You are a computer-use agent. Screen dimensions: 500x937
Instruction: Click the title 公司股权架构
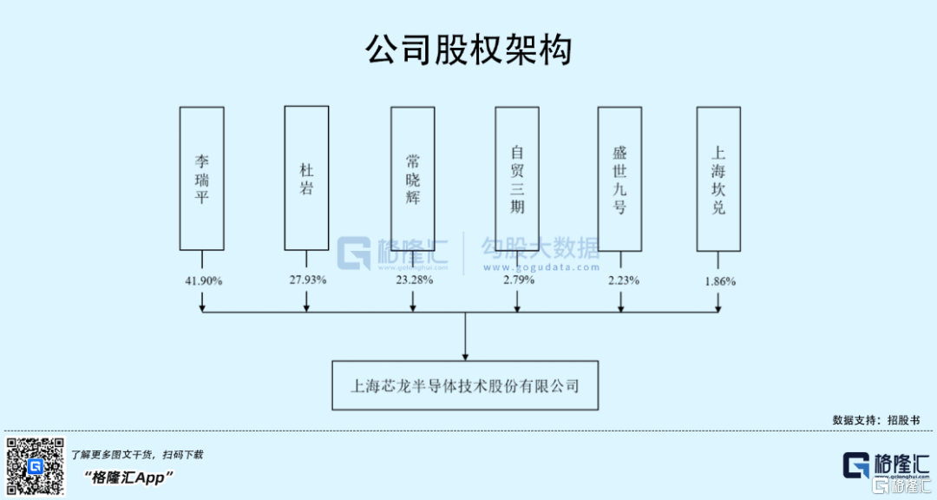tap(468, 50)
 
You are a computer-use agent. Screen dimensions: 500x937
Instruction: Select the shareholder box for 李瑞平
tap(201, 179)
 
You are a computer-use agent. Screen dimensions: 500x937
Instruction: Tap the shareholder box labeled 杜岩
tap(306, 178)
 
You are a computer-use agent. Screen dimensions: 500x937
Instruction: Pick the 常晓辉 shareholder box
tap(412, 179)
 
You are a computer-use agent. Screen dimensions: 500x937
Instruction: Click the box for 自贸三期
tap(517, 179)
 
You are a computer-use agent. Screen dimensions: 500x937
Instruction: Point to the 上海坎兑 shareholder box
tap(718, 179)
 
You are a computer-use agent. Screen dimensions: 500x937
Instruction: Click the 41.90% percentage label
tap(204, 281)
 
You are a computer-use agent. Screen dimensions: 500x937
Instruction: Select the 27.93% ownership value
tap(307, 280)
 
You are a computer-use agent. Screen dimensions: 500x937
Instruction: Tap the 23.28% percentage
tap(413, 280)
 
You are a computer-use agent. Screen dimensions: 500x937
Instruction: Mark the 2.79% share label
tap(518, 280)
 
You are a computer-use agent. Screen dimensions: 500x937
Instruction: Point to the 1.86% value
tap(719, 281)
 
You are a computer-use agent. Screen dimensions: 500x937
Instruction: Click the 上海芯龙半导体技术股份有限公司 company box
tap(465, 385)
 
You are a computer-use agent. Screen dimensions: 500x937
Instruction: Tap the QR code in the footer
tap(36, 466)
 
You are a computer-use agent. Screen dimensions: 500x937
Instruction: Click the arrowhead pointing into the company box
tap(466, 355)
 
